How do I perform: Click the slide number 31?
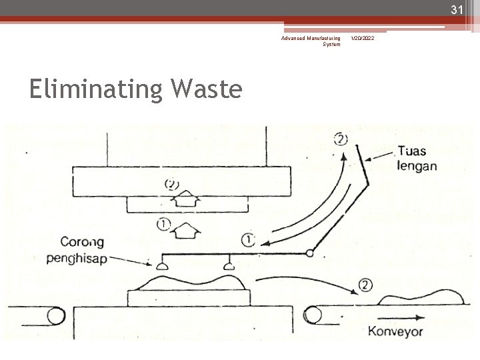click(x=456, y=10)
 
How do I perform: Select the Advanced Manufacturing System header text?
click(x=311, y=41)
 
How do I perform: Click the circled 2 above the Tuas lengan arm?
click(x=341, y=139)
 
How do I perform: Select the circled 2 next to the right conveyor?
click(x=365, y=285)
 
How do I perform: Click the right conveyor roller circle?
click(x=313, y=313)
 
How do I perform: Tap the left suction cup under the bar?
click(x=161, y=267)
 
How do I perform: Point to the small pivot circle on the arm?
click(x=310, y=253)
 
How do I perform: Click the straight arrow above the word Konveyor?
click(x=403, y=318)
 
